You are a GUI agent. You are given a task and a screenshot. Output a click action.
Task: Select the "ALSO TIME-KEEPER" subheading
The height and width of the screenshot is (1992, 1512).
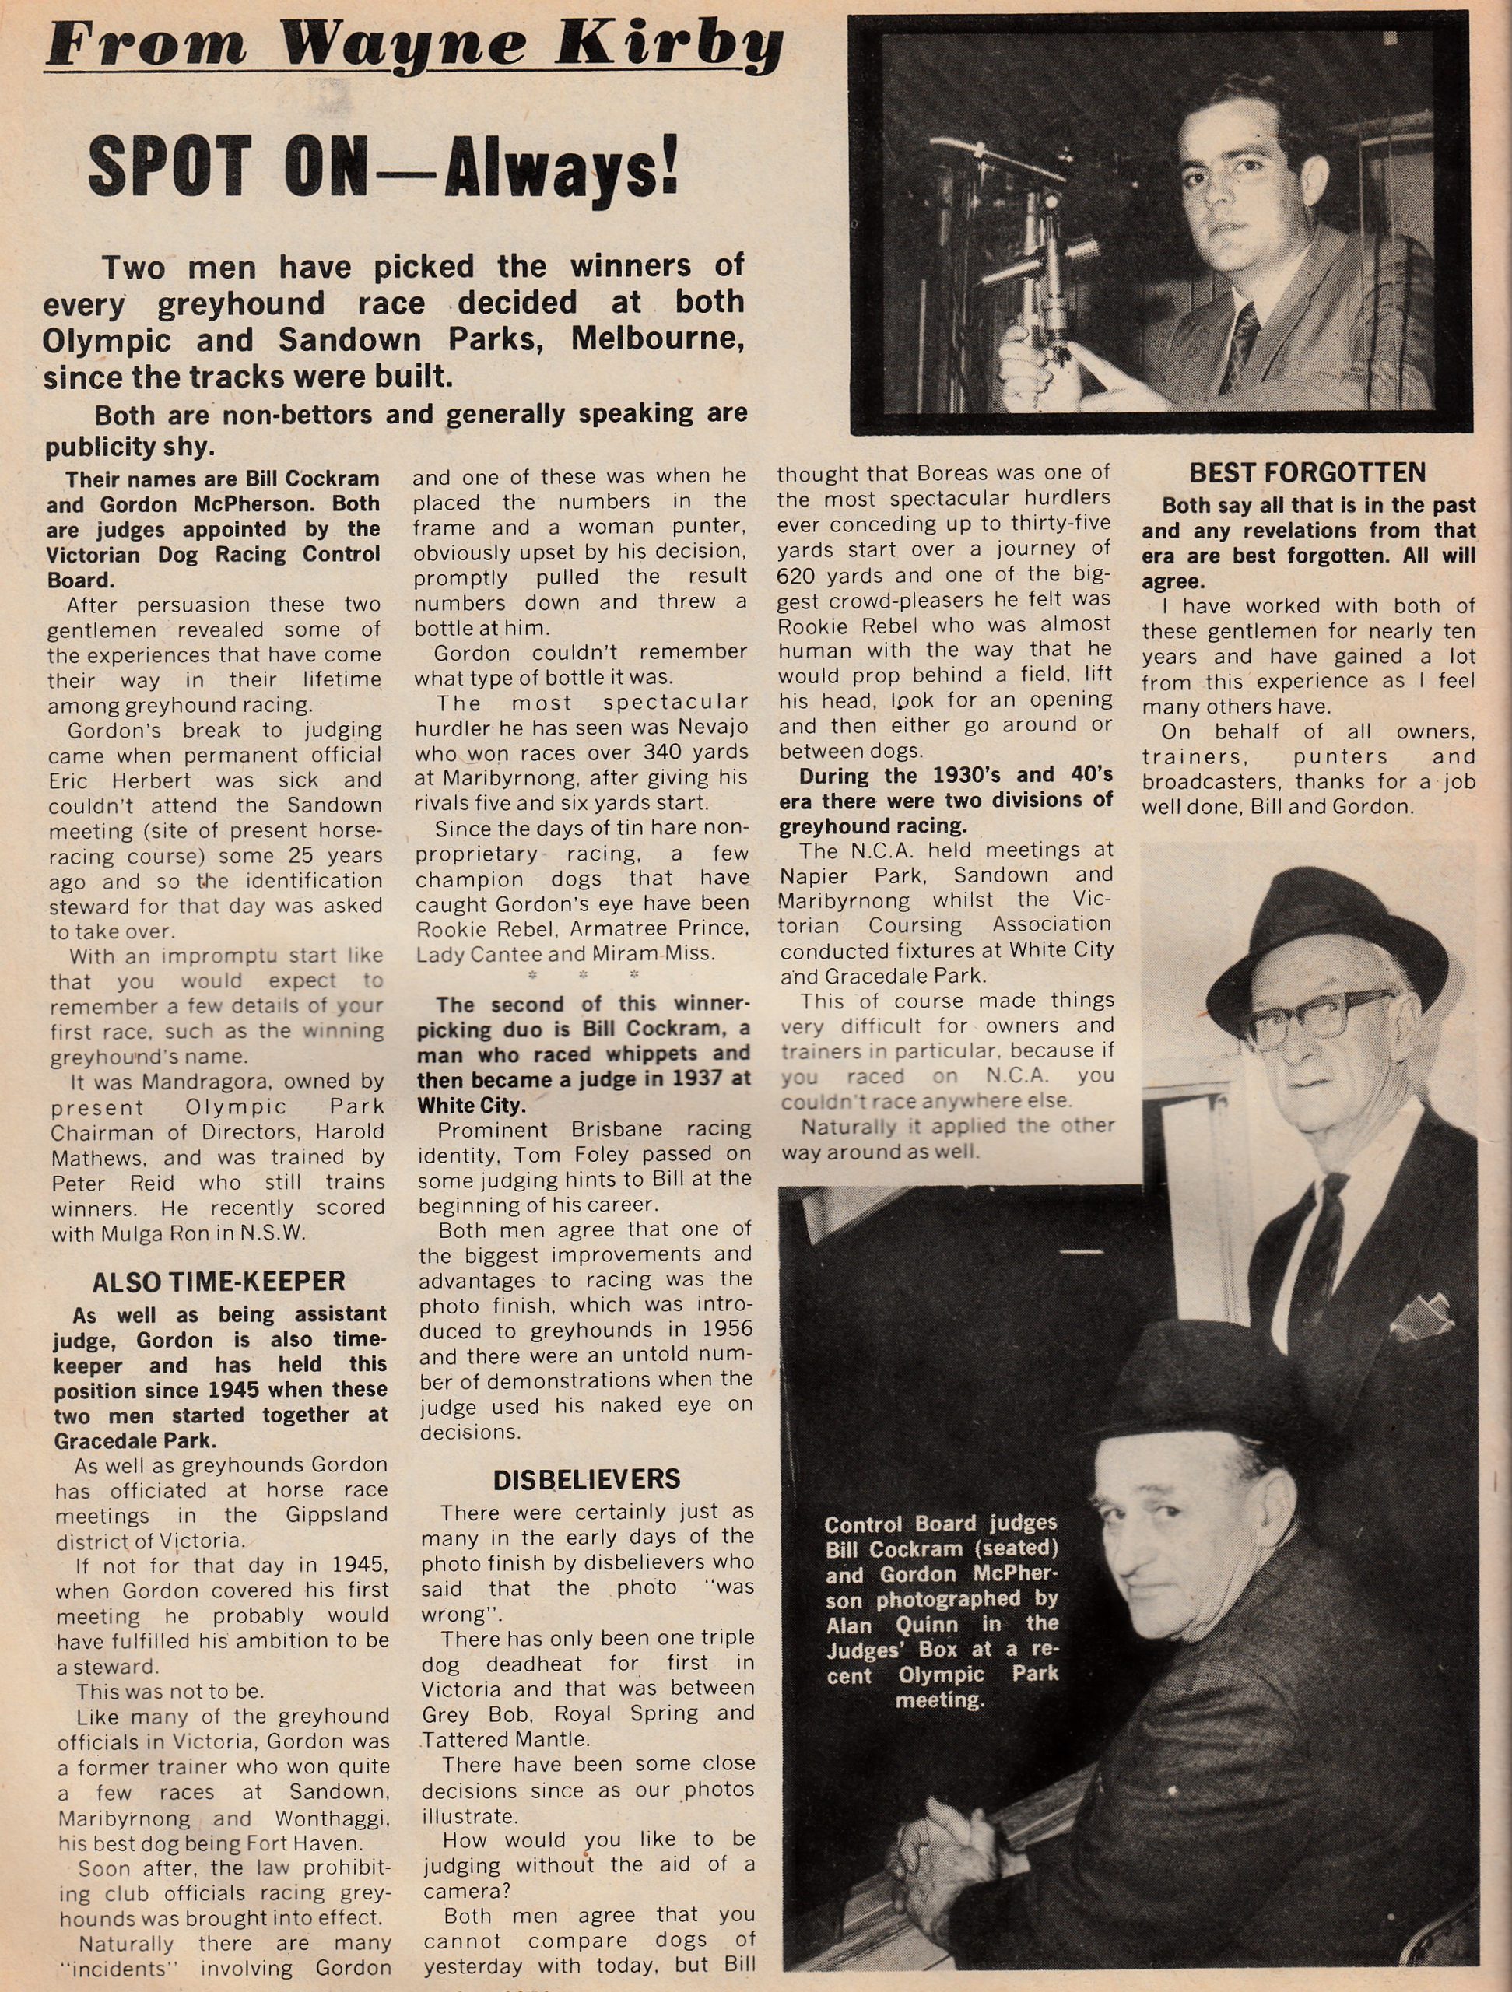pos(218,1282)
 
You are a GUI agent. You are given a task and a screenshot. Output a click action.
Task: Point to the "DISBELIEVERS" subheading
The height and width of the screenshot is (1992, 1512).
pos(586,1478)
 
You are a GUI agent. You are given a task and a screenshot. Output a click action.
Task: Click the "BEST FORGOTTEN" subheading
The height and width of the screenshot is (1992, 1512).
pos(1307,474)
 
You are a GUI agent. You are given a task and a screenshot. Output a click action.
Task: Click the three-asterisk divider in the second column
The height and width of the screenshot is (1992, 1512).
pos(584,975)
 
